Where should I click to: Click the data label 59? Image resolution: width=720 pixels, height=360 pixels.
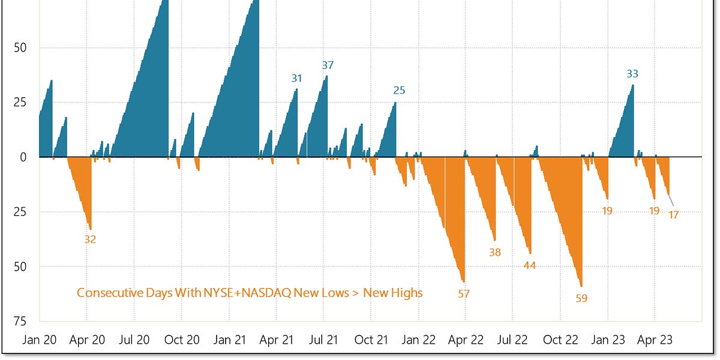point(581,298)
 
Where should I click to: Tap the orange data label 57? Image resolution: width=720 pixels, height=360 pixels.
point(464,294)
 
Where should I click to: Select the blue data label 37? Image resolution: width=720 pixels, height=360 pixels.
point(328,65)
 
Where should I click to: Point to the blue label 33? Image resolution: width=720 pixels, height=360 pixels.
point(632,74)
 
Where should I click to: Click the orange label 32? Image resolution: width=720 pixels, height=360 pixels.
point(90,239)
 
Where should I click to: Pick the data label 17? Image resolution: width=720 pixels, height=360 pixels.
point(673,215)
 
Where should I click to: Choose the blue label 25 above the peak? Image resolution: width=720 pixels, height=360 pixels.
point(399,91)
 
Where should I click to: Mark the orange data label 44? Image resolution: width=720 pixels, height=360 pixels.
point(530,265)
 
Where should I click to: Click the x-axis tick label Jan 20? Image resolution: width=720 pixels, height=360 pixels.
point(40,340)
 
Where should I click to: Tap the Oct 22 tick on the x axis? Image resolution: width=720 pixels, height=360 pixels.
point(560,340)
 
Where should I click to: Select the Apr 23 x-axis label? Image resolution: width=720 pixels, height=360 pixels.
point(655,340)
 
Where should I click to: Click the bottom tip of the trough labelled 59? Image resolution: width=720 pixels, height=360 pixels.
point(581,286)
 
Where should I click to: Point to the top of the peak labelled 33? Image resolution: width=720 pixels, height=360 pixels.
point(633,85)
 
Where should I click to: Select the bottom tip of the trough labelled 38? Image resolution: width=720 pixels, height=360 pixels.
point(495,240)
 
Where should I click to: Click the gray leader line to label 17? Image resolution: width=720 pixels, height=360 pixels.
point(670,200)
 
